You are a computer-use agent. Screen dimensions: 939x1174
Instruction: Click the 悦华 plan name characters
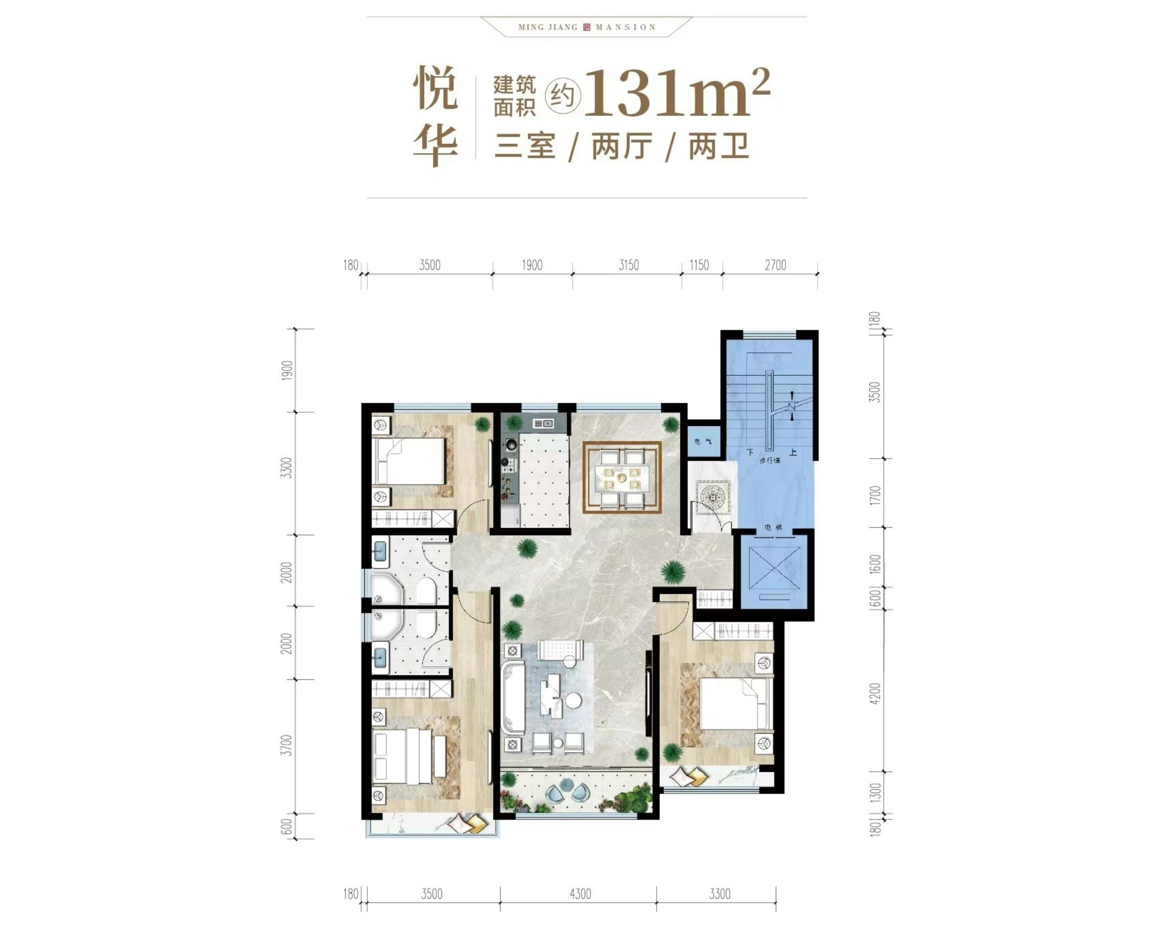tap(434, 116)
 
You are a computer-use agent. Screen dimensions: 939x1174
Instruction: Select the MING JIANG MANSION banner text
tap(587, 27)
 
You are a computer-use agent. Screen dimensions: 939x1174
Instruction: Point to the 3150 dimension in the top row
tap(628, 265)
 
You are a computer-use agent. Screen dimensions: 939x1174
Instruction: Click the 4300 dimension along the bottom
tap(580, 894)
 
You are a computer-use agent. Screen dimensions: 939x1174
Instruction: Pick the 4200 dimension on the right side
tap(874, 693)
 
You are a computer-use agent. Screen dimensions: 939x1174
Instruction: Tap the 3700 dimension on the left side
tap(287, 745)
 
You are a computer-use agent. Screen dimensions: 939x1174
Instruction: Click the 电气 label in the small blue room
tap(703, 441)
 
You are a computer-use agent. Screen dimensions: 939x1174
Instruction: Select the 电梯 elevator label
tap(773, 527)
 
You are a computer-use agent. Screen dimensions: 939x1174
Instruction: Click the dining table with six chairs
tap(622, 477)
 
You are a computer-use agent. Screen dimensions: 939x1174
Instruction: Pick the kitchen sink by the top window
tap(543, 423)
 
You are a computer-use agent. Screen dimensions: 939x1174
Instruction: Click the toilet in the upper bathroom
tap(426, 590)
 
